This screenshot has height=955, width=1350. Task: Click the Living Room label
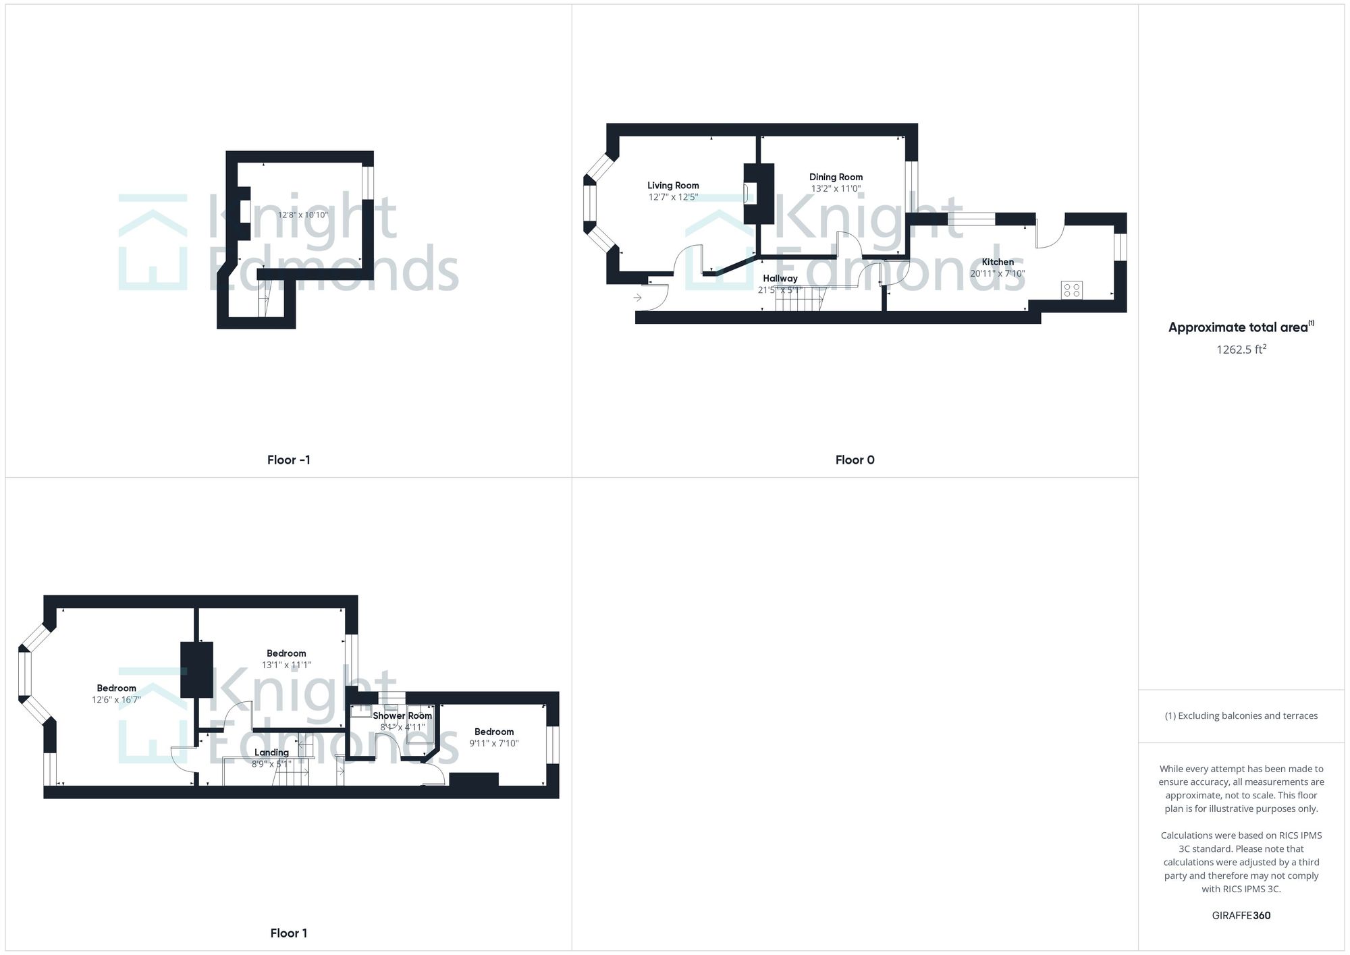point(673,186)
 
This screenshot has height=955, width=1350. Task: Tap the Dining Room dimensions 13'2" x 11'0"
point(836,189)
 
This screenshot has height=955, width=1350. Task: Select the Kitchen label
point(998,262)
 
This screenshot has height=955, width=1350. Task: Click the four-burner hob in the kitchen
point(1072,290)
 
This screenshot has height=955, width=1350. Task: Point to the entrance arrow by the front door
point(637,297)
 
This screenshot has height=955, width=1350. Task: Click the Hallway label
point(780,278)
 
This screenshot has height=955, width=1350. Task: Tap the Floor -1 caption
point(289,460)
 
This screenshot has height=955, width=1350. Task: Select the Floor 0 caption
point(855,460)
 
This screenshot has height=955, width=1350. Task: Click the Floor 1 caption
point(289,933)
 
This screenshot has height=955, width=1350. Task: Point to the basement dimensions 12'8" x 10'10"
point(303,215)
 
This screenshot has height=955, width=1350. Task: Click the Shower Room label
point(402,715)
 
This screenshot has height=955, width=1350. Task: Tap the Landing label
point(271,753)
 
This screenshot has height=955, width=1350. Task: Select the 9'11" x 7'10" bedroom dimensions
point(494,744)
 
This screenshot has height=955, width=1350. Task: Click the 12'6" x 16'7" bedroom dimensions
point(116,700)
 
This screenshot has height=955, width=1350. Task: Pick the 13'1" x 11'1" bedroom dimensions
point(286,665)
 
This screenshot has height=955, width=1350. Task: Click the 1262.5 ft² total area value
point(1241,349)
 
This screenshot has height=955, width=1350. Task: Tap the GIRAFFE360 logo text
point(1241,915)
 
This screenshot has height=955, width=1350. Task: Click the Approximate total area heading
point(1241,327)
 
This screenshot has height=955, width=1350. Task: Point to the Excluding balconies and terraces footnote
point(1241,715)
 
